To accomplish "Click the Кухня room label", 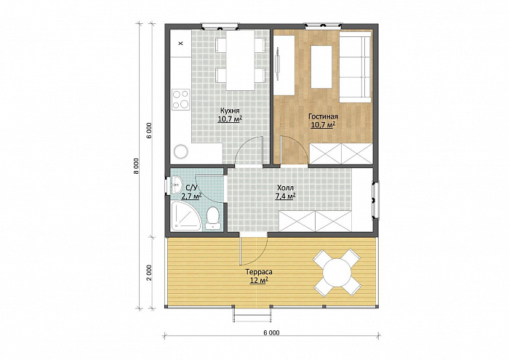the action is point(230,110).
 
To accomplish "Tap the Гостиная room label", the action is point(323,116).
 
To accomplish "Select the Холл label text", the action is point(285,188).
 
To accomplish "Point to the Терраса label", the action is point(259,272).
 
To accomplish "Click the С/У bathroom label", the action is point(191,188).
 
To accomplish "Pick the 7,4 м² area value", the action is point(285,196).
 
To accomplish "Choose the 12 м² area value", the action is point(259,281).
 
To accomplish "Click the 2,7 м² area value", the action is point(191,196).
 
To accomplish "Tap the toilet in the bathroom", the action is point(213,217).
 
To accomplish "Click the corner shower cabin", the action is point(185,216).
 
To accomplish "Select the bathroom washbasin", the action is point(177,185).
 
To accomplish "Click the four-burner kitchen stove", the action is point(181,100).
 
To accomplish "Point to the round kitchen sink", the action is point(180,151).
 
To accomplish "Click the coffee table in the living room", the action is point(321,67).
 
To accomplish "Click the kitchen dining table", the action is point(240,60).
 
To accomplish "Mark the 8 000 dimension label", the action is point(137,166).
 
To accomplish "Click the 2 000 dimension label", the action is point(149,273).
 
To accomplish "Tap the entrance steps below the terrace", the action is point(252,314).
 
